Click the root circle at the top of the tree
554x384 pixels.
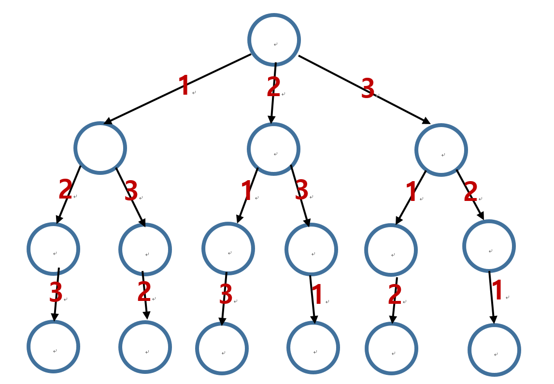pos(274,40)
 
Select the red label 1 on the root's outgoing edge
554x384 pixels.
pos(184,86)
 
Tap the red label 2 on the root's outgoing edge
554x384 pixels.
pos(273,87)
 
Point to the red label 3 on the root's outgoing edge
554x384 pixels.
pos(368,89)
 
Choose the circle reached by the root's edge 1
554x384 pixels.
pos(100,148)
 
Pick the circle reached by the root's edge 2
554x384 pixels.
pos(273,149)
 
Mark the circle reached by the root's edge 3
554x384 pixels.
pos(441,150)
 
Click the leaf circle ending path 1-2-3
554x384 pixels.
pos(53,346)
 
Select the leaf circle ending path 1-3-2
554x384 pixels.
pos(145,347)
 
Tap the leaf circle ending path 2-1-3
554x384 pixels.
pos(222,348)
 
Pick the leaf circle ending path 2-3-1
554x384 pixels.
pos(313,347)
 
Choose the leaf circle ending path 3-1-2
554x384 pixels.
pos(391,348)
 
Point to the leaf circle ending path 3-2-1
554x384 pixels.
pos(494,350)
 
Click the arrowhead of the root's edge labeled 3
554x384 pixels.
pos(426,121)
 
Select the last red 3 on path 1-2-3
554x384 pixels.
pos(56,292)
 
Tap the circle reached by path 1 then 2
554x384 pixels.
pos(53,249)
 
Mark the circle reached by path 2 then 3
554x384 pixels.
pos(311,250)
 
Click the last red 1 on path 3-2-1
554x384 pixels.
pos(497,291)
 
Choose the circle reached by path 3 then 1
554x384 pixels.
pos(391,250)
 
